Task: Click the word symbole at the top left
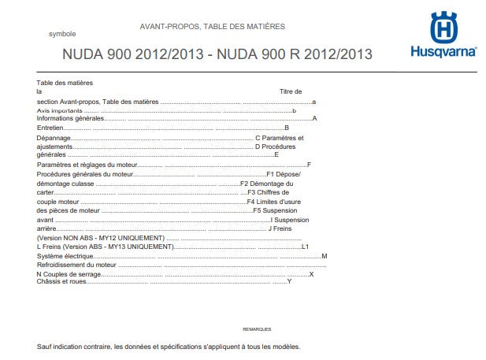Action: pyautogui.click(x=62, y=35)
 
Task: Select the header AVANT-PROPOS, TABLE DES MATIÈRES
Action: pyautogui.click(x=212, y=26)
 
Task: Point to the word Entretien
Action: pyautogui.click(x=50, y=128)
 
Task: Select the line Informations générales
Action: pyautogui.click(x=70, y=118)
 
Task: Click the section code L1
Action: pyautogui.click(x=306, y=247)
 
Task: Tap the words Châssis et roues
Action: pyautogui.click(x=62, y=280)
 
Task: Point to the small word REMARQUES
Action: pyautogui.click(x=257, y=328)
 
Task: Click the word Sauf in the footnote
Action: pyautogui.click(x=44, y=347)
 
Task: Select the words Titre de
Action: pyautogui.click(x=291, y=92)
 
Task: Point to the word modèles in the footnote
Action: pyautogui.click(x=284, y=347)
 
